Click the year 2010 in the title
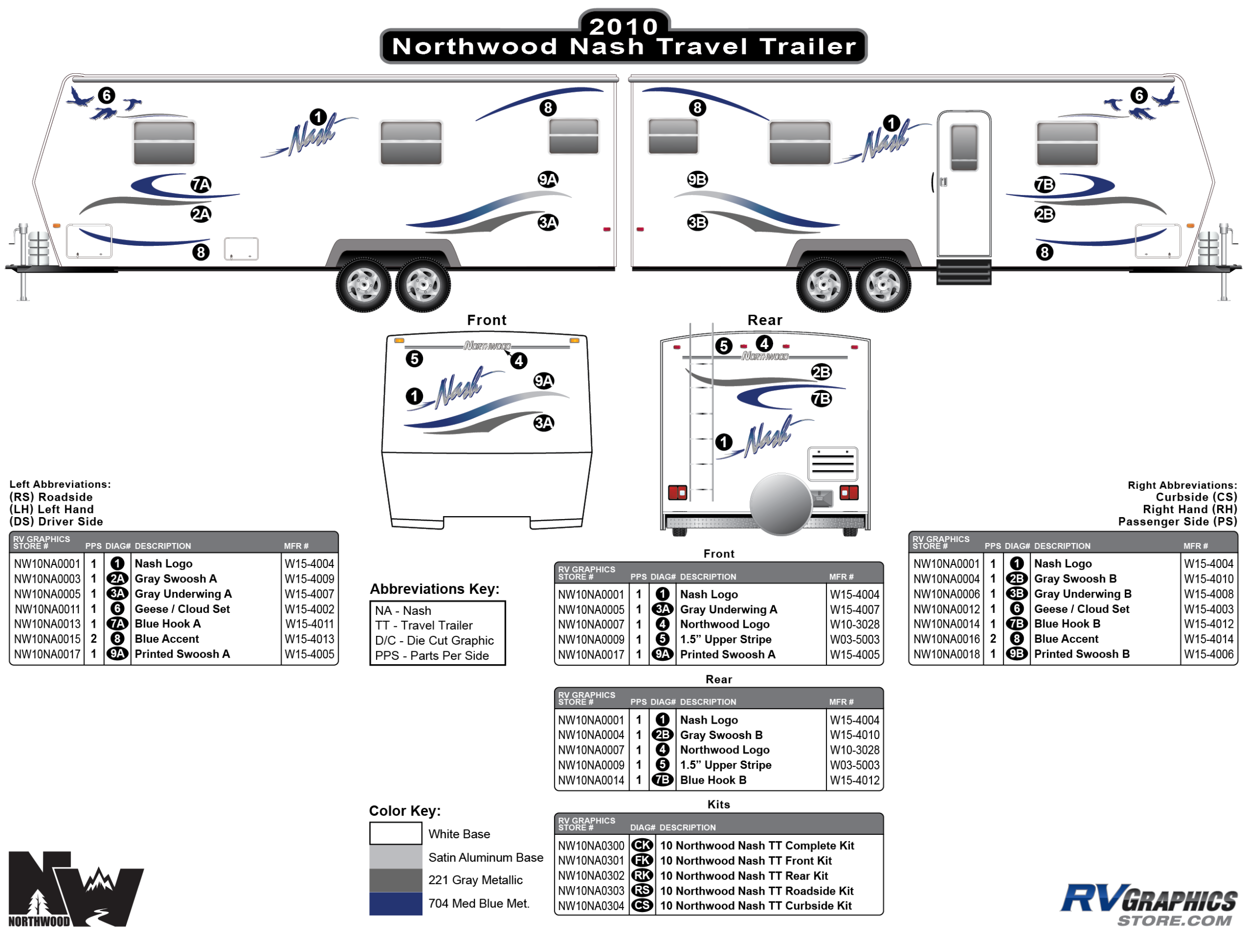623,26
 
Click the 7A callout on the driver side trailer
201,185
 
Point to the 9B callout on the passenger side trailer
697,179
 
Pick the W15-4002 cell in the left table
309,609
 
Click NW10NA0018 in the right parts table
947,654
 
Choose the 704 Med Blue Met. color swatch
396,904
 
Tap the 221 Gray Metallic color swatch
396,880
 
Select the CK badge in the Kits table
642,845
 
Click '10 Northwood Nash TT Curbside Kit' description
755,906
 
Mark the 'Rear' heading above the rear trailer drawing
765,320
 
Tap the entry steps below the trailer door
964,272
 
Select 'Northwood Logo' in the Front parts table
724,624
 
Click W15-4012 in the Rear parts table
854,780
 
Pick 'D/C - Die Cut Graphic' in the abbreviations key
434,641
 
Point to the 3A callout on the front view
544,423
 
